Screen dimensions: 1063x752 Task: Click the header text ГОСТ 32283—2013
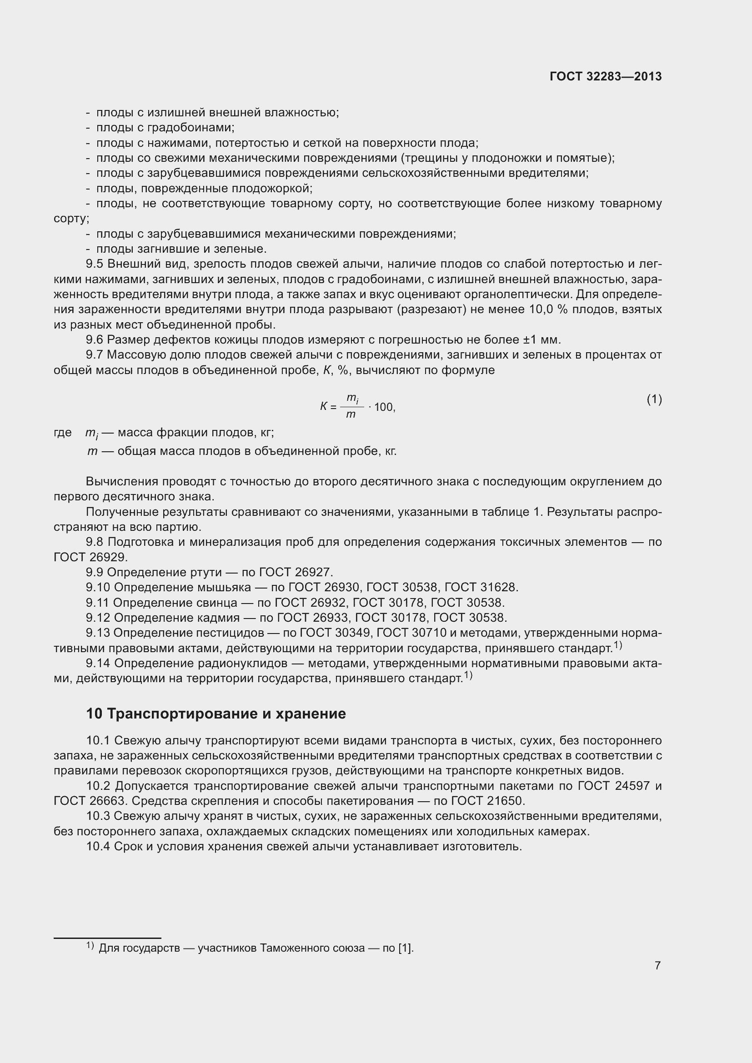point(605,76)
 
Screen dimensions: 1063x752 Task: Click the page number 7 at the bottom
point(657,965)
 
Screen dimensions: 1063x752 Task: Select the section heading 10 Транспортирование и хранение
point(216,714)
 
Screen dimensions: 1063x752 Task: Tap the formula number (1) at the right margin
point(654,399)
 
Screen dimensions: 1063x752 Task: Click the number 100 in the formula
point(384,407)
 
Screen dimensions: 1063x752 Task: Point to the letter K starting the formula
point(324,406)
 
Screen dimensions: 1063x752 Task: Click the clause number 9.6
point(95,340)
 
